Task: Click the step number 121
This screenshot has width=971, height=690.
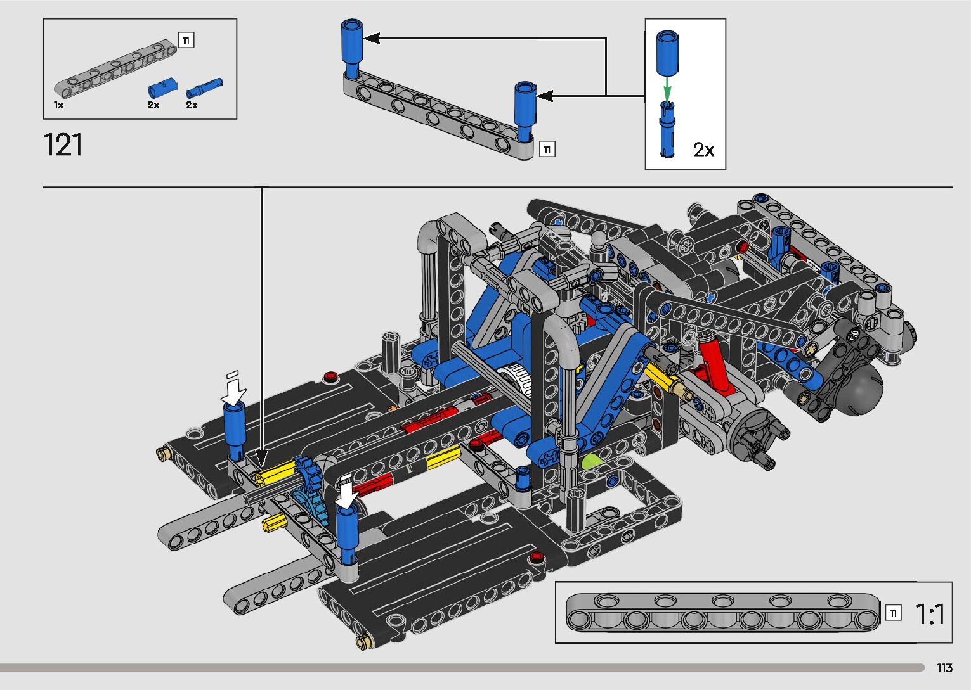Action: pos(63,144)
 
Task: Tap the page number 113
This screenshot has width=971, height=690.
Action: pos(944,668)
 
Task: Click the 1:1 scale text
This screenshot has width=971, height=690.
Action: pos(929,614)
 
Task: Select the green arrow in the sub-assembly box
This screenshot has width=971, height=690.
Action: pos(668,88)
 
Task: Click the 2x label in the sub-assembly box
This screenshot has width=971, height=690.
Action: pos(703,150)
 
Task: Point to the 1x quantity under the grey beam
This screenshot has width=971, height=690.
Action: pos(58,105)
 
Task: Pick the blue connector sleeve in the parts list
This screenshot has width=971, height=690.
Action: pos(162,87)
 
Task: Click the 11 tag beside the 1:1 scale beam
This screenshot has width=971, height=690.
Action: pos(893,613)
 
